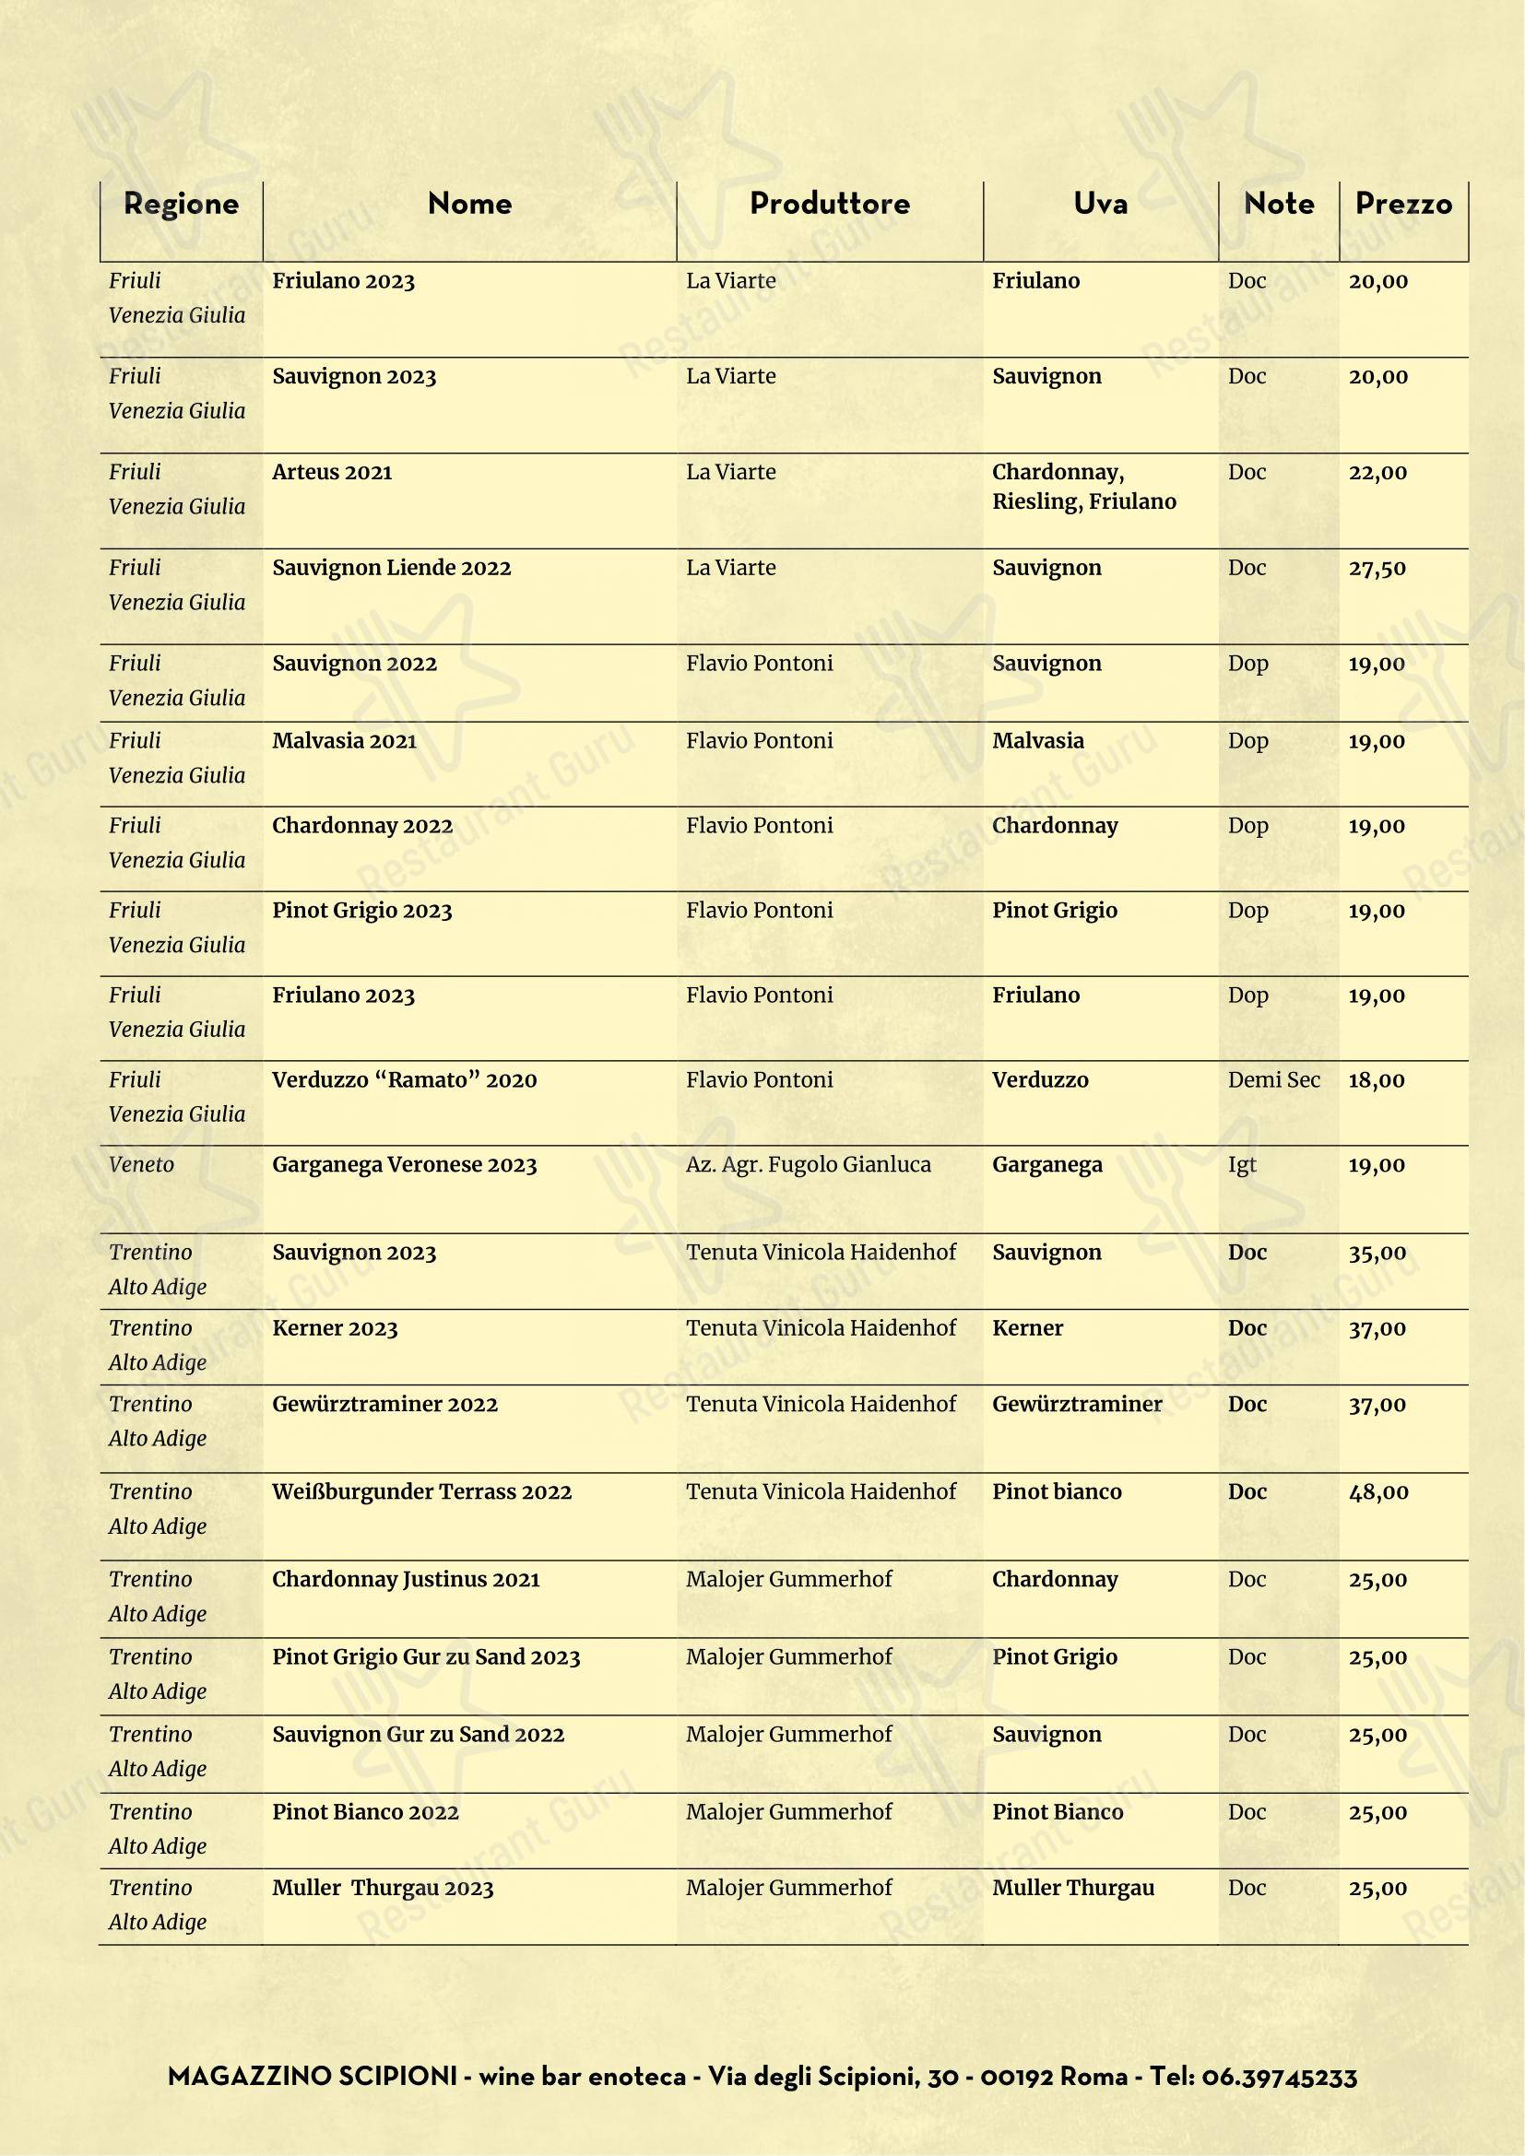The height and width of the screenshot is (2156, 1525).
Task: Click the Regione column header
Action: [x=182, y=204]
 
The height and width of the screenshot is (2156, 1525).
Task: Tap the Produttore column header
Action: [x=829, y=204]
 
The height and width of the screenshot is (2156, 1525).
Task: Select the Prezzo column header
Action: [x=1403, y=204]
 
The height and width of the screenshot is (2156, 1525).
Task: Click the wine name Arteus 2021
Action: [x=333, y=472]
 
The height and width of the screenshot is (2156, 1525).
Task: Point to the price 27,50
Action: [x=1377, y=568]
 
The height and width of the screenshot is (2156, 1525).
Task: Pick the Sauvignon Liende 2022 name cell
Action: [x=392, y=568]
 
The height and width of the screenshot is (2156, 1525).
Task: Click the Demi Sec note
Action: [x=1273, y=1080]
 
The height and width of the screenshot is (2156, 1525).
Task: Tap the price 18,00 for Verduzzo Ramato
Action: [x=1377, y=1080]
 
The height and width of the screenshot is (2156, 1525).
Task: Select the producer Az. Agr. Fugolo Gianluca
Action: [x=809, y=1165]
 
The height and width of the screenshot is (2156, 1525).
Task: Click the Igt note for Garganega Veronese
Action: [x=1241, y=1165]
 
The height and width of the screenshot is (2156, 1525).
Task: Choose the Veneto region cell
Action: [x=142, y=1165]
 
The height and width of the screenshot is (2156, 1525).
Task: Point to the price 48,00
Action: [x=1378, y=1492]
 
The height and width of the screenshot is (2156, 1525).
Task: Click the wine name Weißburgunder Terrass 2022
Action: [x=421, y=1492]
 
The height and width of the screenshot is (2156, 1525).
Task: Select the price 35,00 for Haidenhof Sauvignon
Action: [x=1377, y=1253]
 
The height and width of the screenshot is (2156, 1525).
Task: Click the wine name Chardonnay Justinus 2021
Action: [x=406, y=1580]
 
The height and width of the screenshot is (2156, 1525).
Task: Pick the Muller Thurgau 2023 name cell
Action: [x=383, y=1889]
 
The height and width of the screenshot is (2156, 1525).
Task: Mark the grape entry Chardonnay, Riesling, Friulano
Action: [x=1083, y=487]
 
